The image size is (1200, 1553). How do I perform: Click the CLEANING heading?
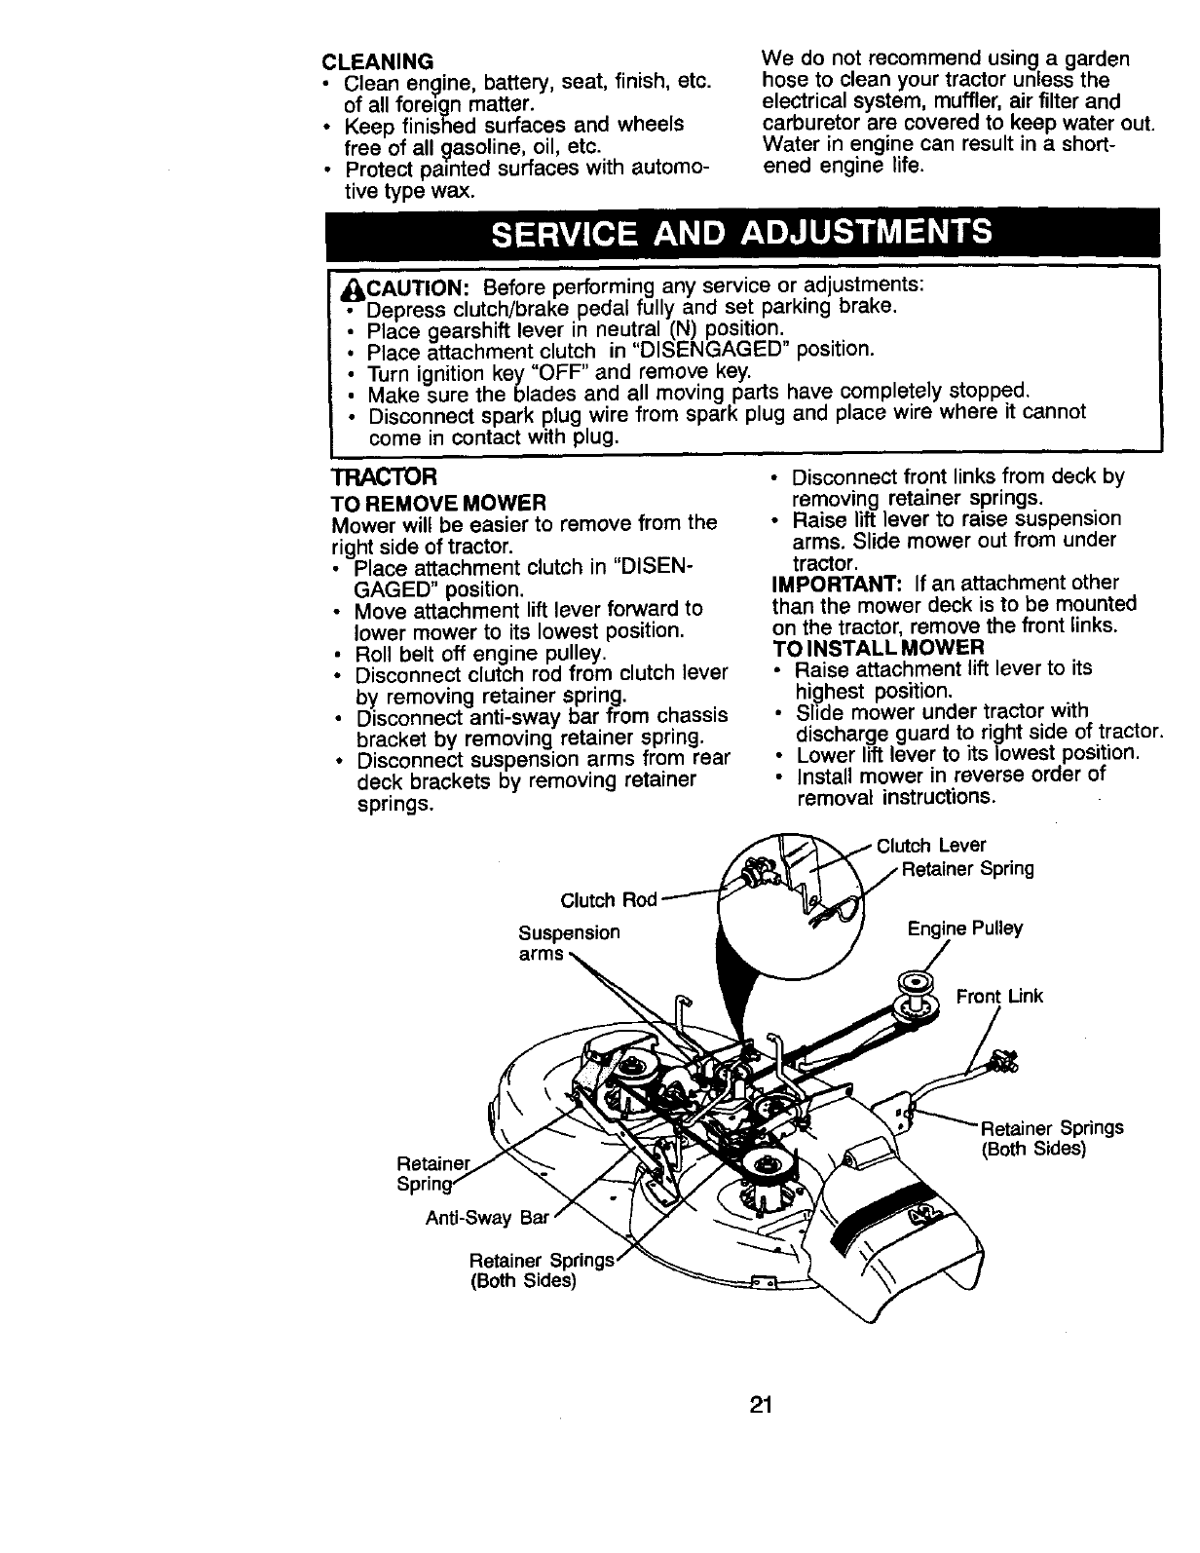(x=377, y=60)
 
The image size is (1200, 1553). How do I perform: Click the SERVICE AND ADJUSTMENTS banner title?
(x=743, y=234)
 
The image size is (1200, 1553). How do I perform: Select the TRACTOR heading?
(x=384, y=478)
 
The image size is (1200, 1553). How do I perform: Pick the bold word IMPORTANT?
(x=837, y=583)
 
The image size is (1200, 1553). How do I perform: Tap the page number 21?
(x=762, y=1405)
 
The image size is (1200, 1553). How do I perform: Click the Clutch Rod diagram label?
(x=610, y=898)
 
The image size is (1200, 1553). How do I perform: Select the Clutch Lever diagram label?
(x=931, y=846)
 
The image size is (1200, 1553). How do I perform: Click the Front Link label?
(x=999, y=996)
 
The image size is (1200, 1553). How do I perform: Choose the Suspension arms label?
(x=569, y=943)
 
